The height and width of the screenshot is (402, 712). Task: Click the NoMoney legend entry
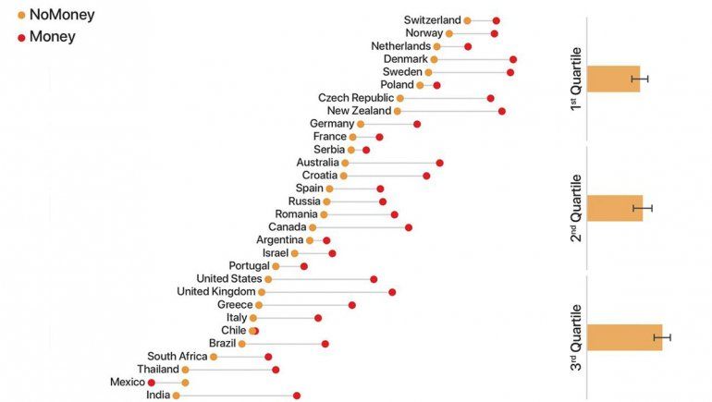pyautogui.click(x=55, y=15)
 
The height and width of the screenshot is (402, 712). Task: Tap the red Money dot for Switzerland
pyautogui.click(x=497, y=20)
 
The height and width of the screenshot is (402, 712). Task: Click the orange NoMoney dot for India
pyautogui.click(x=176, y=396)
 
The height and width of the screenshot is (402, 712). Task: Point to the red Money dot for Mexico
pyautogui.click(x=152, y=383)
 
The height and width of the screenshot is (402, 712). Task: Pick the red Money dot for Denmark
pyautogui.click(x=513, y=59)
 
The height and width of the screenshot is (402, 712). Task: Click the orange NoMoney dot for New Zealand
pyautogui.click(x=398, y=111)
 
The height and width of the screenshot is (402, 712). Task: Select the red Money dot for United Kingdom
pyautogui.click(x=392, y=292)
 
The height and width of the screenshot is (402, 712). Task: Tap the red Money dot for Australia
pyautogui.click(x=439, y=163)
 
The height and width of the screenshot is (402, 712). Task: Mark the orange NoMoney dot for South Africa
pyautogui.click(x=214, y=357)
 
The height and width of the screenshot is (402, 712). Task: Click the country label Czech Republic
pyautogui.click(x=355, y=98)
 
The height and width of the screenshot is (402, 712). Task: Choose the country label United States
pyautogui.click(x=229, y=279)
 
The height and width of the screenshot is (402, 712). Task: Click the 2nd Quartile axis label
pyautogui.click(x=575, y=208)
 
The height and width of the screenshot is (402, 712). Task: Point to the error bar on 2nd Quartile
pyautogui.click(x=643, y=208)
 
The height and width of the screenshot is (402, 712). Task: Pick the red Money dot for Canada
pyautogui.click(x=408, y=227)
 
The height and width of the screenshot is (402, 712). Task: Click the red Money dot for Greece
pyautogui.click(x=352, y=305)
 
